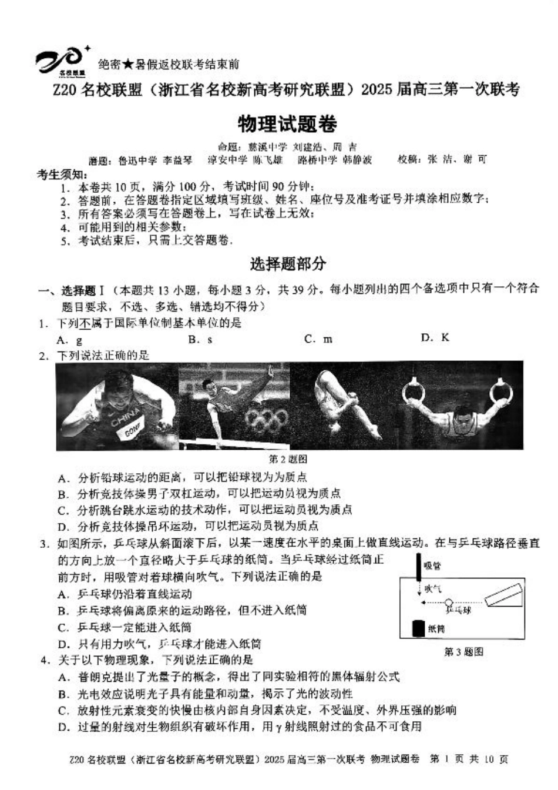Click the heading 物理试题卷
point(287,124)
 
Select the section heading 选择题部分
point(288,264)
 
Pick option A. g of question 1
point(69,340)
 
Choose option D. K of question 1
point(435,337)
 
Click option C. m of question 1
point(318,339)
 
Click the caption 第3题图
point(463,651)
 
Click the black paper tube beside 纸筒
point(418,628)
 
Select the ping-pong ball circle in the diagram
point(449,602)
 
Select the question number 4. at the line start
point(45,660)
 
